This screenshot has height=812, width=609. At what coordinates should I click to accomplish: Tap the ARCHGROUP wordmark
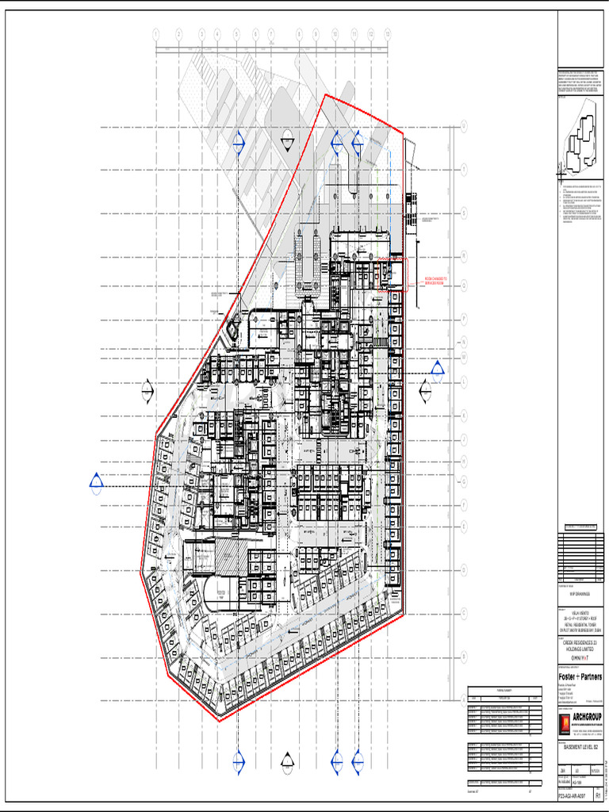click(588, 718)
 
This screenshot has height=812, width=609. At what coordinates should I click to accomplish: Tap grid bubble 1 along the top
click(156, 34)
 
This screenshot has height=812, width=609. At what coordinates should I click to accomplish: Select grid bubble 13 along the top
click(387, 34)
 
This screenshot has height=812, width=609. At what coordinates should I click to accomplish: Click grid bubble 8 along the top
click(299, 34)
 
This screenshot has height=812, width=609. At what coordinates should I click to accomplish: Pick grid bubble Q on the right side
click(464, 125)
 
